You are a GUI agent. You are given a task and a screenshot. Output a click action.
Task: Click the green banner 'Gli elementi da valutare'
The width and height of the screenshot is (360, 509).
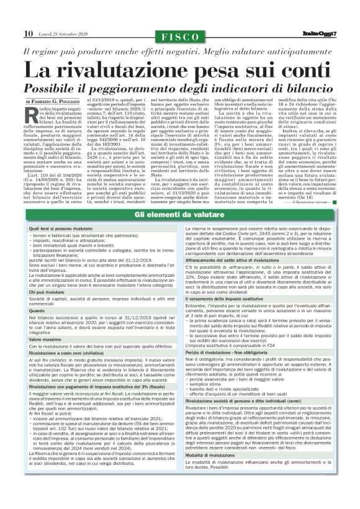179,214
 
